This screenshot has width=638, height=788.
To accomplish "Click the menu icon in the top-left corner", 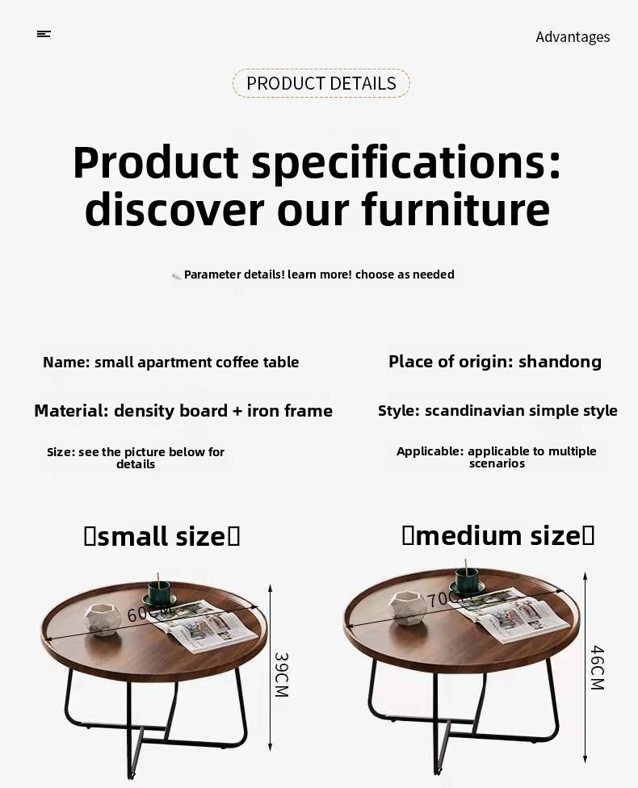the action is pyautogui.click(x=44, y=34).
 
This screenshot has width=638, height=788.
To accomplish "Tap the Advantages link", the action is pyautogui.click(x=573, y=36).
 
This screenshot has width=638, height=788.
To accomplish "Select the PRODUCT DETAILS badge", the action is pyautogui.click(x=321, y=83).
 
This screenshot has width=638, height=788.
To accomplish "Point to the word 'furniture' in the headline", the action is pyautogui.click(x=455, y=209).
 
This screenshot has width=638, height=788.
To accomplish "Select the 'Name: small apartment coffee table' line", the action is pyautogui.click(x=171, y=362).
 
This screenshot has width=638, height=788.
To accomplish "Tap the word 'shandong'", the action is pyautogui.click(x=560, y=362).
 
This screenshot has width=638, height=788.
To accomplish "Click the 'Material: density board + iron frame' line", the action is pyautogui.click(x=183, y=411).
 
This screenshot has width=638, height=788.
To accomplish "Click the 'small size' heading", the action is pyautogui.click(x=162, y=536).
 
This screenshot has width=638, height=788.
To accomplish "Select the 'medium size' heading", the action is pyautogui.click(x=498, y=535).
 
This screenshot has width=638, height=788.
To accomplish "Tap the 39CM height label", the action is pyautogui.click(x=282, y=675).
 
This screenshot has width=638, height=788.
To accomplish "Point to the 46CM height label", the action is pyautogui.click(x=597, y=668).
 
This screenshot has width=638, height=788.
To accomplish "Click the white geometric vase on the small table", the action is pyautogui.click(x=103, y=619).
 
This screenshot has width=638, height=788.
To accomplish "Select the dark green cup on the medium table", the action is pyautogui.click(x=467, y=581).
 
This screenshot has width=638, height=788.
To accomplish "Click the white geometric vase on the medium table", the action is pyautogui.click(x=408, y=608).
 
